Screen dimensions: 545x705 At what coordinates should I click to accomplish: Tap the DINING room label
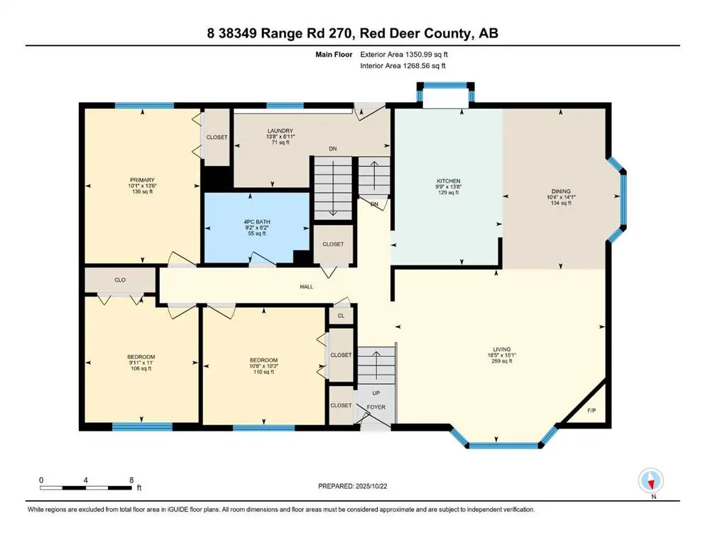[560, 191]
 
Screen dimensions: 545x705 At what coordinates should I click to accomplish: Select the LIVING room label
[502, 348]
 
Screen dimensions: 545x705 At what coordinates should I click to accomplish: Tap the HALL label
[305, 286]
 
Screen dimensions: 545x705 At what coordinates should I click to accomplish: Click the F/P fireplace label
[591, 410]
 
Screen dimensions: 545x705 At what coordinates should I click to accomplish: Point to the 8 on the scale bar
[131, 480]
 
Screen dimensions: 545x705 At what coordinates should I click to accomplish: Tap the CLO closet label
[120, 280]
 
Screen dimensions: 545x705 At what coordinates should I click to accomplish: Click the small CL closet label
[341, 316]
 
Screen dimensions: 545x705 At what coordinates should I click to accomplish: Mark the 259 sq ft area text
[502, 361]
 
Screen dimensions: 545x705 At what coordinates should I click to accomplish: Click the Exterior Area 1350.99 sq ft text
[403, 53]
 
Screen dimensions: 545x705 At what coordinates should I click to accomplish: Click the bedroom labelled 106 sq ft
[141, 356]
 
